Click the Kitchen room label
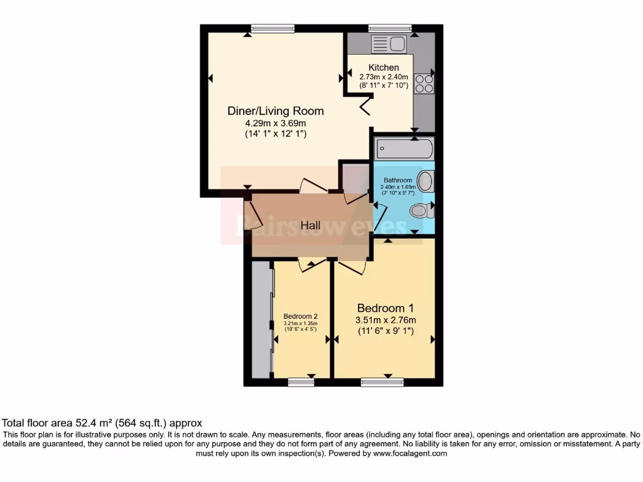383,68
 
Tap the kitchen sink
389,43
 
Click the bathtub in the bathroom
404,149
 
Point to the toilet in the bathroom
421,211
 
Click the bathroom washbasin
426,182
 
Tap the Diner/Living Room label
276,111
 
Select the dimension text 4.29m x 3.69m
276,123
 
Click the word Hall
310,225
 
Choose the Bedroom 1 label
385,308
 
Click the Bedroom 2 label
300,316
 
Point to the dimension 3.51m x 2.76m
385,320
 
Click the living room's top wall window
273,28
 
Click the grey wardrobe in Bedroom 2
261,319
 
